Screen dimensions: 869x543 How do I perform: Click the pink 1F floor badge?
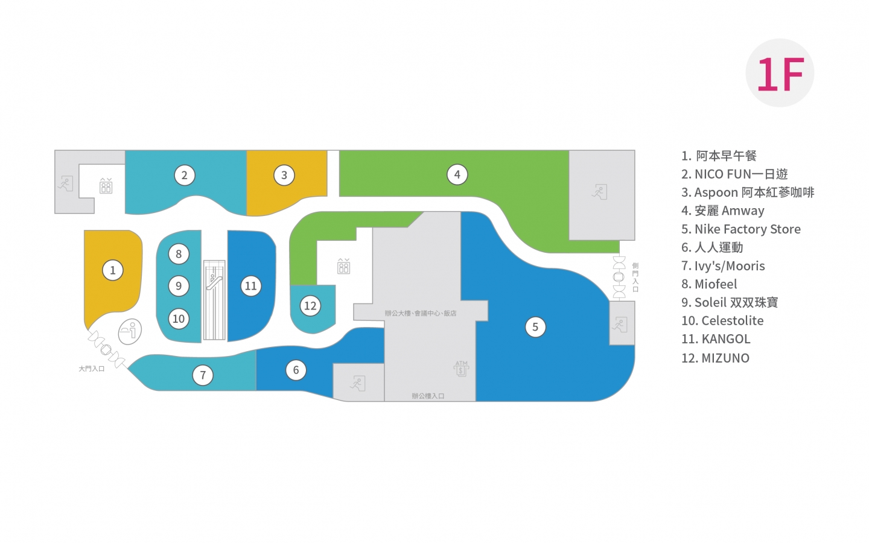780,73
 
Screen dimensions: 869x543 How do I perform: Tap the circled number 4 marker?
457,175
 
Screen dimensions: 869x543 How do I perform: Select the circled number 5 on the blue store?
535,327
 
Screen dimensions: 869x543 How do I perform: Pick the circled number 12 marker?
310,306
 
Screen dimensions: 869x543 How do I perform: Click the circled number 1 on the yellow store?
113,270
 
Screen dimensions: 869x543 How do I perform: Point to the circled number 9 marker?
179,286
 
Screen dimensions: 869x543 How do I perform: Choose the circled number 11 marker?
250,286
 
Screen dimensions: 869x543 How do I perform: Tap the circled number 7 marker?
203,375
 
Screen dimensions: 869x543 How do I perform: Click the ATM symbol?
461,369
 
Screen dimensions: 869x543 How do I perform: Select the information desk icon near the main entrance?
130,332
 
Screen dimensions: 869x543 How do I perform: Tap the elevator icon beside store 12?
344,266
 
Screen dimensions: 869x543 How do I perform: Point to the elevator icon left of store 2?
106,186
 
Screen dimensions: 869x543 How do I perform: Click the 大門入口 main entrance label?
92,369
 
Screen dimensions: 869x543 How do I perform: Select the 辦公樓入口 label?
428,396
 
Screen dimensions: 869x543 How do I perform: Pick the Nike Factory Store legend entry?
741,229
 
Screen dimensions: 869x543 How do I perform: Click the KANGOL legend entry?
716,339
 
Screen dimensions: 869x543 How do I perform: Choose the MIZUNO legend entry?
715,358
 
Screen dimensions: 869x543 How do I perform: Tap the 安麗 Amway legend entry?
723,211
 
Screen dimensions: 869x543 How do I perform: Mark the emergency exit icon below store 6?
358,383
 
